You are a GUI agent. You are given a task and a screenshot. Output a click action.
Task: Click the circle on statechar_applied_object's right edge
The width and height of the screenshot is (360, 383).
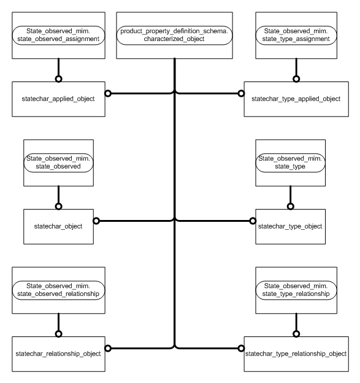click(107, 94)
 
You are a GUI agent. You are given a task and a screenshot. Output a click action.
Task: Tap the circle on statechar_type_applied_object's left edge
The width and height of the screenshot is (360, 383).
click(240, 94)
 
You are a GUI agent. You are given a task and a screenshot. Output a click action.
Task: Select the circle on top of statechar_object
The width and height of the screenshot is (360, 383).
click(58, 207)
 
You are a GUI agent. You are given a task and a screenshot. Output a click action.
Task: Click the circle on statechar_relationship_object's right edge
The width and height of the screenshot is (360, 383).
click(107, 348)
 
